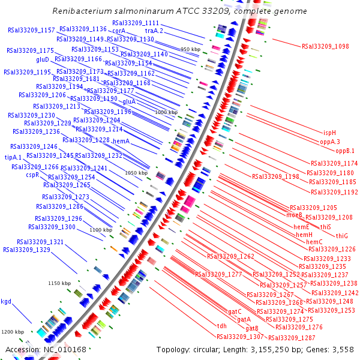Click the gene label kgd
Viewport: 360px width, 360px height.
(6, 301)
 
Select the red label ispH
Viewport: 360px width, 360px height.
(329, 133)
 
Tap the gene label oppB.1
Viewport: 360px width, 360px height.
(345, 151)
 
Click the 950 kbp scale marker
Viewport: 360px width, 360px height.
(191, 49)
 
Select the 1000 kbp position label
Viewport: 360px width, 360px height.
(166, 112)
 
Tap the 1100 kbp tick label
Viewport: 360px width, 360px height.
(101, 230)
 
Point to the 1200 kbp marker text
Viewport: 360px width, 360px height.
(11, 332)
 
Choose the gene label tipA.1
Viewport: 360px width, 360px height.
(13, 157)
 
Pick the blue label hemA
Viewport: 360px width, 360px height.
(121, 141)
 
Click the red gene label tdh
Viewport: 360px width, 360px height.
(222, 326)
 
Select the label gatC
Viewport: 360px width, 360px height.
(235, 311)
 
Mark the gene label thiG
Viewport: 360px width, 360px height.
(342, 235)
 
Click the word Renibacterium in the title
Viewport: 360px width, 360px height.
(82, 11)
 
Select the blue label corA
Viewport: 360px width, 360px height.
(118, 31)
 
